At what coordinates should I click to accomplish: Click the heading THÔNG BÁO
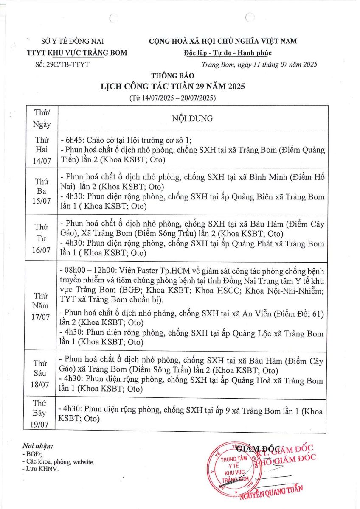172,76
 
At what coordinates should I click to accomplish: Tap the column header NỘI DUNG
192,118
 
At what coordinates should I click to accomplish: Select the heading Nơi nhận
38,446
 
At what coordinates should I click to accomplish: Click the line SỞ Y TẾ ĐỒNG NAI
72,41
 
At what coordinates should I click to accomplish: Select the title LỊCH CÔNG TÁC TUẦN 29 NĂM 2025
172,87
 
